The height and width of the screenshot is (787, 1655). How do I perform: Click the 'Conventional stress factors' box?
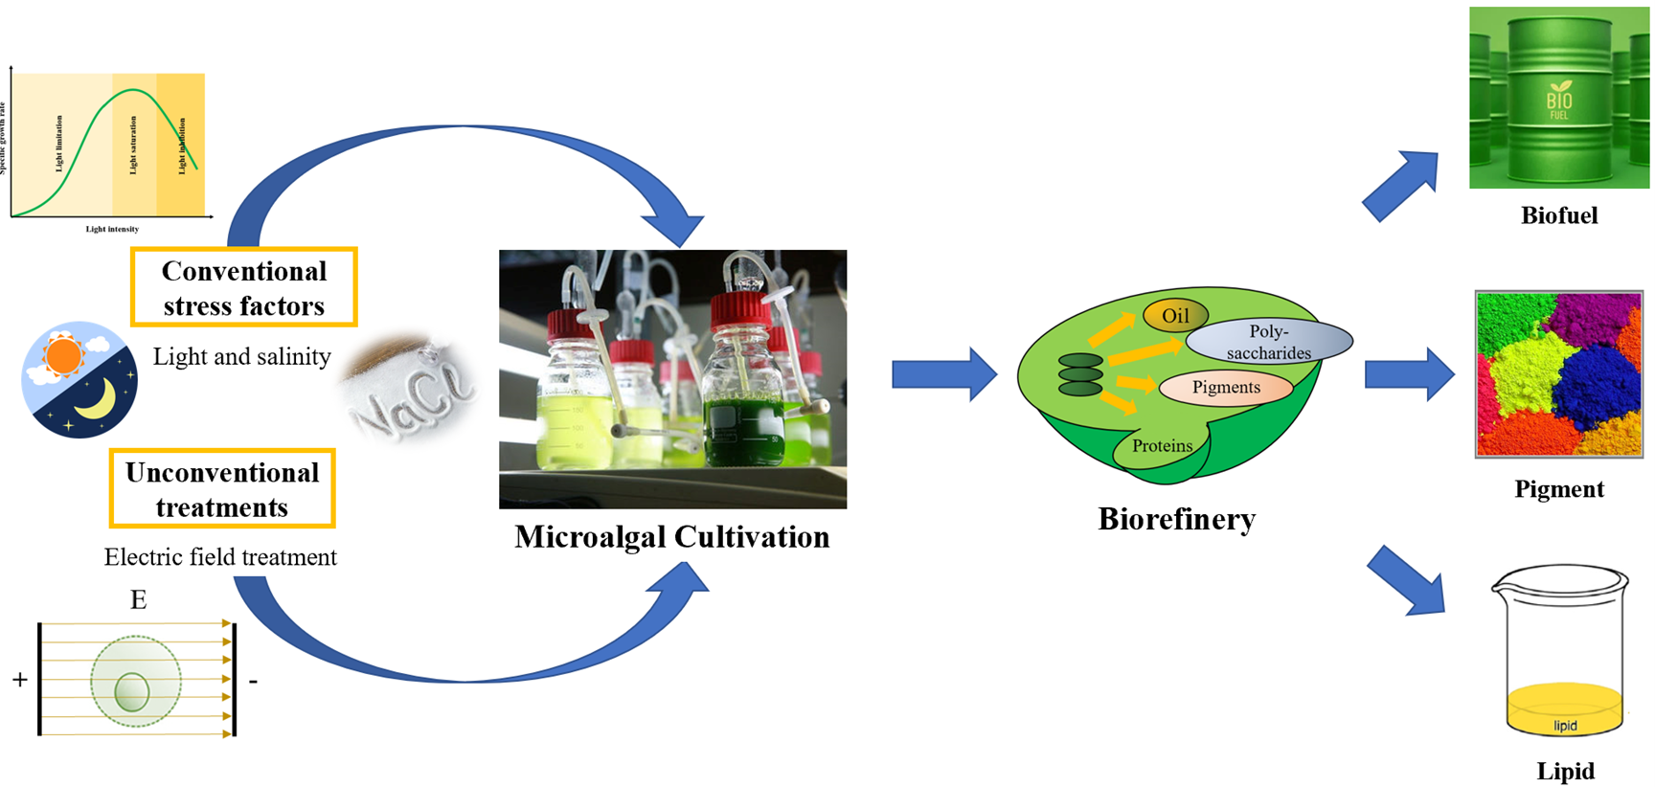pyautogui.click(x=243, y=287)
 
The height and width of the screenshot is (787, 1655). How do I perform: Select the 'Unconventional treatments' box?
pyautogui.click(x=221, y=488)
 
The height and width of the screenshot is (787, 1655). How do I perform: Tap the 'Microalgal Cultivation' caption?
pyautogui.click(x=671, y=537)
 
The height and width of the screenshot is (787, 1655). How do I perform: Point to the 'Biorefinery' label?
pyautogui.click(x=1176, y=519)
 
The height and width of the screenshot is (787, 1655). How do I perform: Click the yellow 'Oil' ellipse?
pyautogui.click(x=1175, y=316)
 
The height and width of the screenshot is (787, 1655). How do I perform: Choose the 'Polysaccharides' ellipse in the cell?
pyautogui.click(x=1268, y=342)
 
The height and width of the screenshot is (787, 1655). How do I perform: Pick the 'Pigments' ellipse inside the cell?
pyautogui.click(x=1226, y=387)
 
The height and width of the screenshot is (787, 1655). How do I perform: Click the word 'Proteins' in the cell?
pyautogui.click(x=1162, y=445)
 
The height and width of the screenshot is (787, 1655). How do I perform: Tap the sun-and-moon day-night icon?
pyautogui.click(x=79, y=379)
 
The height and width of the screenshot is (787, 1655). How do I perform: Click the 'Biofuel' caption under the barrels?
pyautogui.click(x=1558, y=215)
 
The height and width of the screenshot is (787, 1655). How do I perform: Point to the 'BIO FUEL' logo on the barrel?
pyautogui.click(x=1558, y=101)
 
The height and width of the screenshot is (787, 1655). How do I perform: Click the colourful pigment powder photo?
pyautogui.click(x=1558, y=374)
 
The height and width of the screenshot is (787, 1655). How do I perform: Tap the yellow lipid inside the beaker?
pyautogui.click(x=1564, y=710)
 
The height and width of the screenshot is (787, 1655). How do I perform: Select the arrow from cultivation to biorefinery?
pyautogui.click(x=943, y=373)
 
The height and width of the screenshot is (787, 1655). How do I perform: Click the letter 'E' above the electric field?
pyautogui.click(x=138, y=600)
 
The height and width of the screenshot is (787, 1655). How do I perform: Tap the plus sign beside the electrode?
pyautogui.click(x=20, y=680)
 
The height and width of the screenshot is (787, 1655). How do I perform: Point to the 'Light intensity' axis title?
pyautogui.click(x=112, y=229)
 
